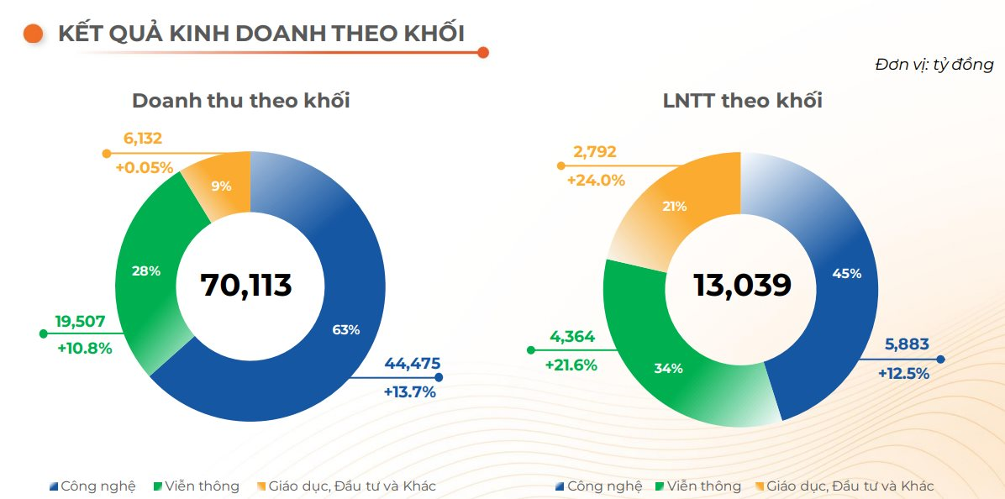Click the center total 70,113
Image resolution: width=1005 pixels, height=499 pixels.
click(x=246, y=285)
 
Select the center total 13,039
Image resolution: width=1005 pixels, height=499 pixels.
click(x=742, y=285)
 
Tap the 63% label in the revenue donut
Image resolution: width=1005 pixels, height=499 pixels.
click(x=345, y=330)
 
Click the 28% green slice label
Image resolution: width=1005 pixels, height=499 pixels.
click(x=146, y=271)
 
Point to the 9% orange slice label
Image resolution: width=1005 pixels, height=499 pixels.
click(x=221, y=186)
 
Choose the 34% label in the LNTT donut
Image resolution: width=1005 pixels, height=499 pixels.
click(x=669, y=368)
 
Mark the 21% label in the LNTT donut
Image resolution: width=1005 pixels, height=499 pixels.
click(x=675, y=206)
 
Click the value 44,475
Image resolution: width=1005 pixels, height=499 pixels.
click(x=412, y=364)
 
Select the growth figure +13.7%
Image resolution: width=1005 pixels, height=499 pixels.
click(x=410, y=391)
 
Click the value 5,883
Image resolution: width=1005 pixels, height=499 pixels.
click(x=907, y=344)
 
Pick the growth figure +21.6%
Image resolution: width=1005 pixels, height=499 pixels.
click(x=571, y=365)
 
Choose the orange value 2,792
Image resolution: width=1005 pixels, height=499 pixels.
click(x=595, y=152)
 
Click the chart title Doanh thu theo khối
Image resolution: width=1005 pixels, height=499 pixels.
click(x=241, y=101)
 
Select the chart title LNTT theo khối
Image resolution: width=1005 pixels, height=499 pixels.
click(x=742, y=101)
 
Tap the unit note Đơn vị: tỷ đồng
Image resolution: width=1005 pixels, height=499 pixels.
click(x=934, y=65)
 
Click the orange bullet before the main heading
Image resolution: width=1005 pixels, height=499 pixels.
click(x=34, y=34)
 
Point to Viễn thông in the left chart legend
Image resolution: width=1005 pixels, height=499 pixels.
click(x=202, y=486)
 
